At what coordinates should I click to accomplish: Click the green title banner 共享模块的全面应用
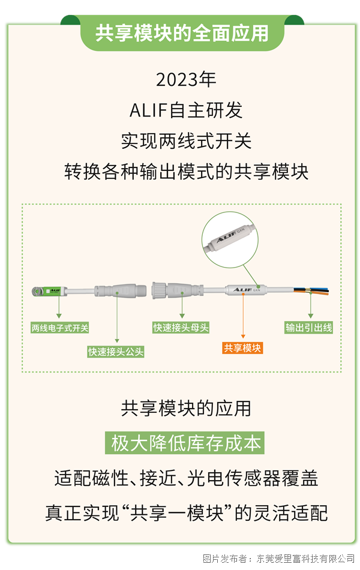[x=182, y=33]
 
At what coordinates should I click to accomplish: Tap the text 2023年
[x=186, y=80]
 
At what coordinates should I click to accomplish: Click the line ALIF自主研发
[x=186, y=110]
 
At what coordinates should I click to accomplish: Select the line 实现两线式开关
[x=186, y=141]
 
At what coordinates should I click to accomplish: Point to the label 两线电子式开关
[x=59, y=328]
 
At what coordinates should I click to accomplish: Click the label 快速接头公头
[x=116, y=352]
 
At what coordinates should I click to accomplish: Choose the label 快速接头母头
[x=181, y=328]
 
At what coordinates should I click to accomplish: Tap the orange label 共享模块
[x=242, y=348]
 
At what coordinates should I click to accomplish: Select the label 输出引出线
[x=309, y=328]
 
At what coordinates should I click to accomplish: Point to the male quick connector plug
[x=121, y=290]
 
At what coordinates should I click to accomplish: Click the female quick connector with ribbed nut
[x=177, y=290]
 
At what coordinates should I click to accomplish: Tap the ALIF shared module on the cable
[x=246, y=290]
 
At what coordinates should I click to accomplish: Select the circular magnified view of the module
[x=230, y=240]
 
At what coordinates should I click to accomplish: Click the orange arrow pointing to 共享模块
[x=243, y=316]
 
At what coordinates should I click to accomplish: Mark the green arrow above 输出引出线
[x=311, y=306]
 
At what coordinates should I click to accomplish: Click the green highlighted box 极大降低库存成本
[x=185, y=443]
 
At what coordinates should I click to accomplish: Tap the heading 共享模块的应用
[x=186, y=408]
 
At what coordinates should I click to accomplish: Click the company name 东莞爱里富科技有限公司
[x=305, y=559]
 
